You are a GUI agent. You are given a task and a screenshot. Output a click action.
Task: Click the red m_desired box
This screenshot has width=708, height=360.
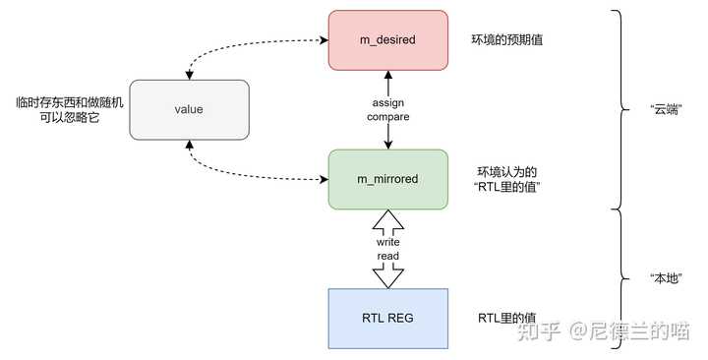coord(388,40)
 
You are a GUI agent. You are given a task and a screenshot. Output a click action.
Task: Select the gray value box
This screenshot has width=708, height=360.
coord(188,109)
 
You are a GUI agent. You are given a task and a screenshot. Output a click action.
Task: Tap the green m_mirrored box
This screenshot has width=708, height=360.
coord(388,179)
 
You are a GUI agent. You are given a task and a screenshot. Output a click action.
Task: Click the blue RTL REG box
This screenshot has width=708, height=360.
coord(388,318)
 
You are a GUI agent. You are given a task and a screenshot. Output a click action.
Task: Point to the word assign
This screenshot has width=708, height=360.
coord(388,102)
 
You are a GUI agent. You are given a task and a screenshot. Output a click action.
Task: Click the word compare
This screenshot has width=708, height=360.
coord(388,117)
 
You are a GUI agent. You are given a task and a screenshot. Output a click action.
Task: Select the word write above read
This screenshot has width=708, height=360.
coord(388,241)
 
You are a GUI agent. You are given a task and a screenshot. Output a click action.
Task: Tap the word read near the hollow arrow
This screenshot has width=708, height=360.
coord(388,256)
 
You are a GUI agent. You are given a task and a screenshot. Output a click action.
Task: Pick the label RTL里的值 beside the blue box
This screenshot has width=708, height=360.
coord(506,318)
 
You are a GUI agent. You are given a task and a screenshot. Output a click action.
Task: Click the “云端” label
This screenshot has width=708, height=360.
coord(668,109)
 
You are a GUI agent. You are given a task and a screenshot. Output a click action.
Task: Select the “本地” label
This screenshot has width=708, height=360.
coord(668,277)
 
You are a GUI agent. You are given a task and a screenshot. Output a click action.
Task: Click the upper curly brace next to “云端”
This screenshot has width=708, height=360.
coord(619,109)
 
